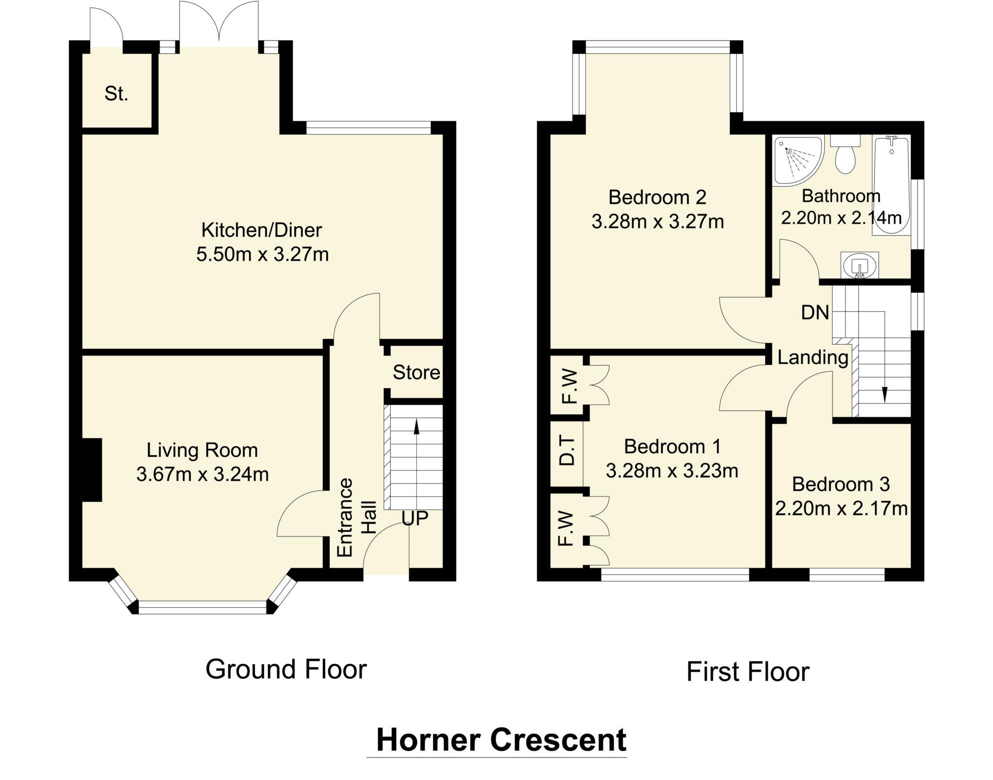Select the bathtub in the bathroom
[891, 186]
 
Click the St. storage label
[116, 94]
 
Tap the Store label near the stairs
[416, 372]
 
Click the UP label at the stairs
[415, 519]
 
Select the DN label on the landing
[815, 313]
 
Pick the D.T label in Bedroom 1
[567, 451]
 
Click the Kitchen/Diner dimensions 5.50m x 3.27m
[262, 254]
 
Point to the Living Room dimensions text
[203, 474]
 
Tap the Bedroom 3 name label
[841, 484]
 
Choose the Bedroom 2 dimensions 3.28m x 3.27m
[658, 222]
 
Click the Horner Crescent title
[501, 740]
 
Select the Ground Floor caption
[286, 669]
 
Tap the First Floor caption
[748, 672]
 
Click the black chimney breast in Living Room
[92, 470]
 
